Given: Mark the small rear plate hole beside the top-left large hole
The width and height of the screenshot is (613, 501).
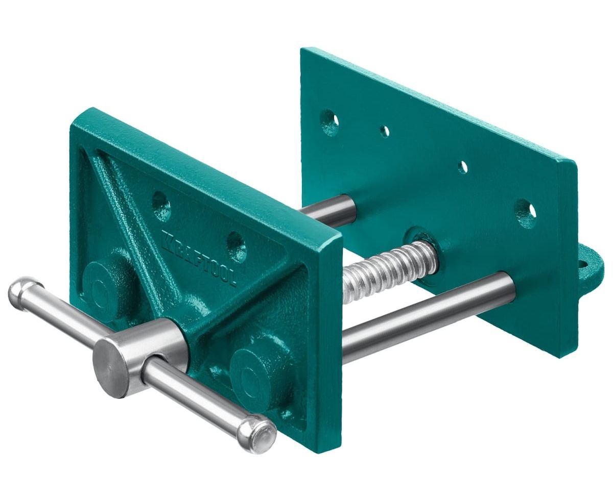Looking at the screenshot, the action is (385, 131).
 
